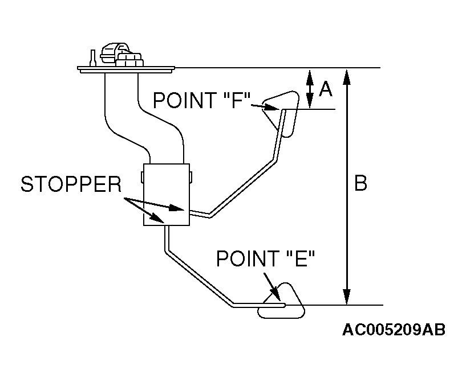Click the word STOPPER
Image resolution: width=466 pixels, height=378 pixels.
point(71,184)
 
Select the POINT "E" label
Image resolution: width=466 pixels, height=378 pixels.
point(265,260)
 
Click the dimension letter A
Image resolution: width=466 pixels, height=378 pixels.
point(325,89)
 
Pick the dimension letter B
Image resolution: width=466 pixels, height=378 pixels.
point(360,183)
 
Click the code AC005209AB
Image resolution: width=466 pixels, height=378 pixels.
point(394,330)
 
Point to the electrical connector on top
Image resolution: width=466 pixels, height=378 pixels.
point(119,56)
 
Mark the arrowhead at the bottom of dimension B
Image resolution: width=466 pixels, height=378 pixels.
point(346,298)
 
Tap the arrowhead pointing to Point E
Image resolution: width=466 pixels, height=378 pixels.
point(277,297)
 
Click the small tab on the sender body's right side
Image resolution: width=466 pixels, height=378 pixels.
point(191,176)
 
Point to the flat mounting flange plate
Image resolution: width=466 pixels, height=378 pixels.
point(125,70)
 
